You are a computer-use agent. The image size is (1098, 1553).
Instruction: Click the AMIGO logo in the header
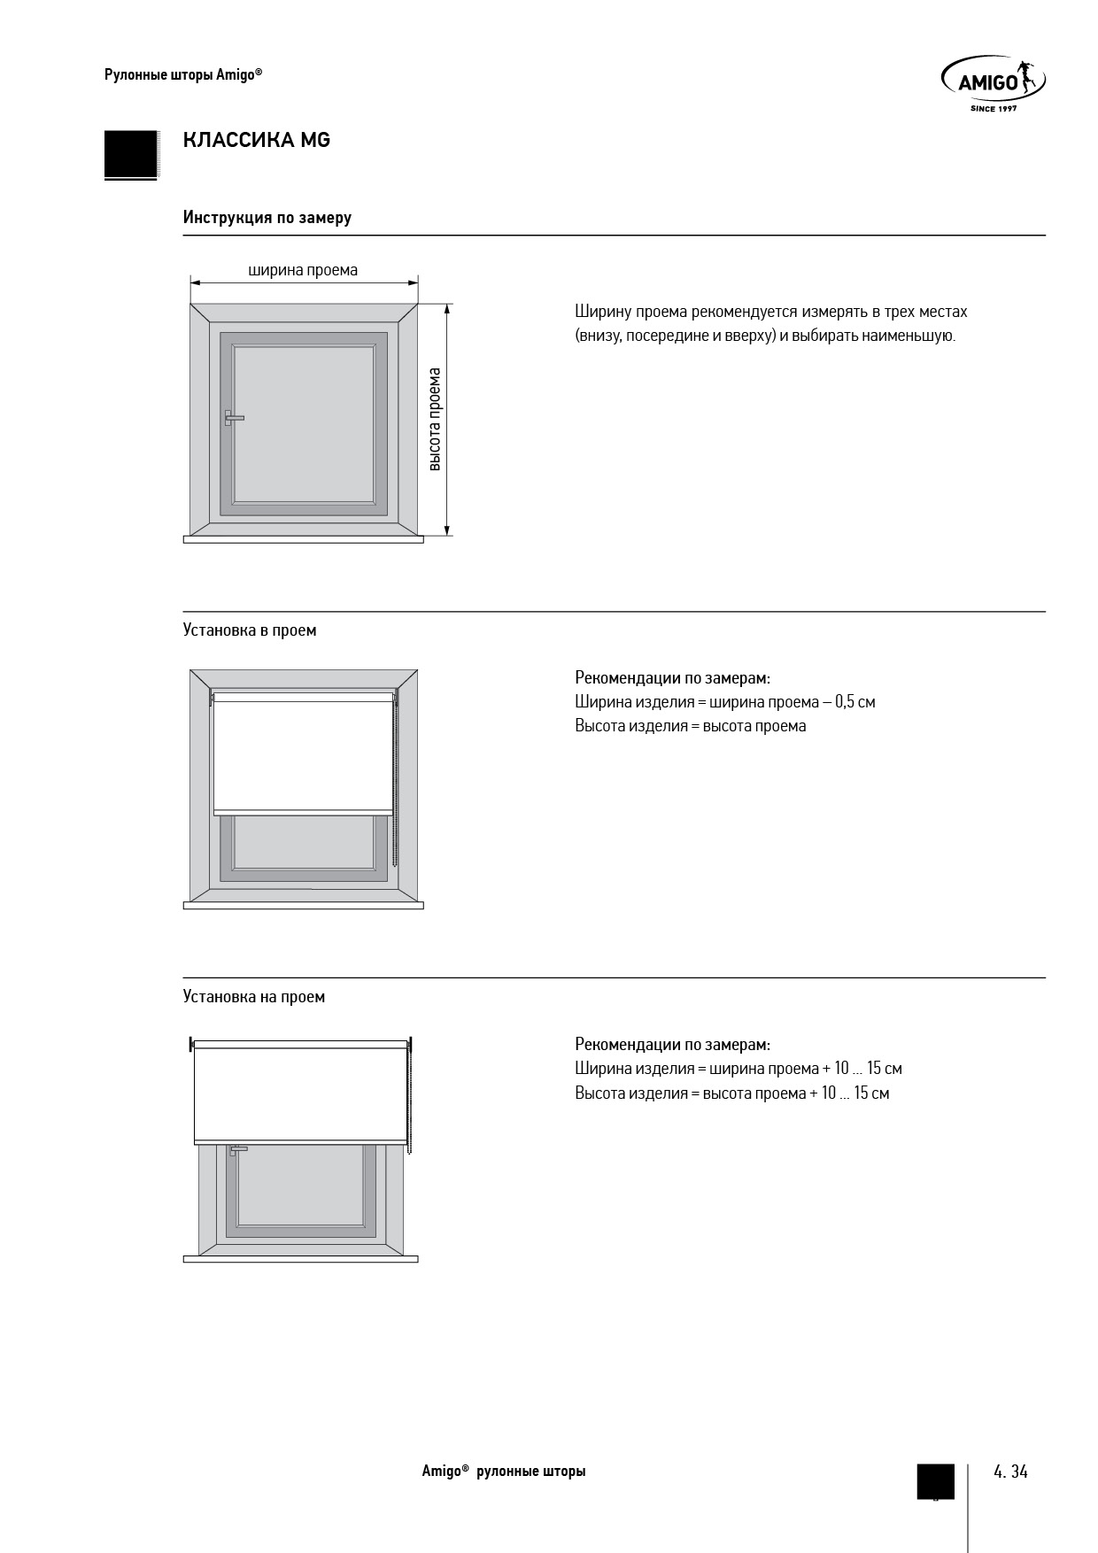[x=992, y=82]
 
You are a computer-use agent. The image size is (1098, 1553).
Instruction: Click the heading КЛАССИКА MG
[x=256, y=140]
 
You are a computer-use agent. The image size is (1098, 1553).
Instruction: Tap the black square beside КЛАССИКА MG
[x=130, y=154]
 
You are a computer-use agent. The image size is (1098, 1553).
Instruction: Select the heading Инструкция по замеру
[x=267, y=217]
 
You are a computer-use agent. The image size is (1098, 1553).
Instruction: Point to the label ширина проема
[x=303, y=270]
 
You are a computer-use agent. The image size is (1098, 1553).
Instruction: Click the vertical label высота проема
[x=434, y=419]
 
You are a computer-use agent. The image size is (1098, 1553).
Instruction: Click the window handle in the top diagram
[x=232, y=418]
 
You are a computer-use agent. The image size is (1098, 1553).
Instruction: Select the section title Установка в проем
[x=249, y=630]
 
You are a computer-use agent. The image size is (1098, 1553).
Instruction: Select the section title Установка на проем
[x=253, y=997]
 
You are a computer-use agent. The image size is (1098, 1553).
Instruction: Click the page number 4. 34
[x=1010, y=1472]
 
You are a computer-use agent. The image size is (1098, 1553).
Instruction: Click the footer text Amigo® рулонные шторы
[x=503, y=1472]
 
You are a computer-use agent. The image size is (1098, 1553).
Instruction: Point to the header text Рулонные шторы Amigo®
[x=183, y=75]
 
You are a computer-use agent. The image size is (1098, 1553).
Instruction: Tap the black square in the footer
[x=935, y=1480]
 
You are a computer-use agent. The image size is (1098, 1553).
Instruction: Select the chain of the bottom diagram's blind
[x=409, y=1098]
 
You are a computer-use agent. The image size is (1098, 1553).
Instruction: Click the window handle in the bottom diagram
[x=236, y=1150]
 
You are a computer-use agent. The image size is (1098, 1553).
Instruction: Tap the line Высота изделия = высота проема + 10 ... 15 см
[x=731, y=1093]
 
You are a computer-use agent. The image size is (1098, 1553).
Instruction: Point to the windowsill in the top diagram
[x=303, y=538]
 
